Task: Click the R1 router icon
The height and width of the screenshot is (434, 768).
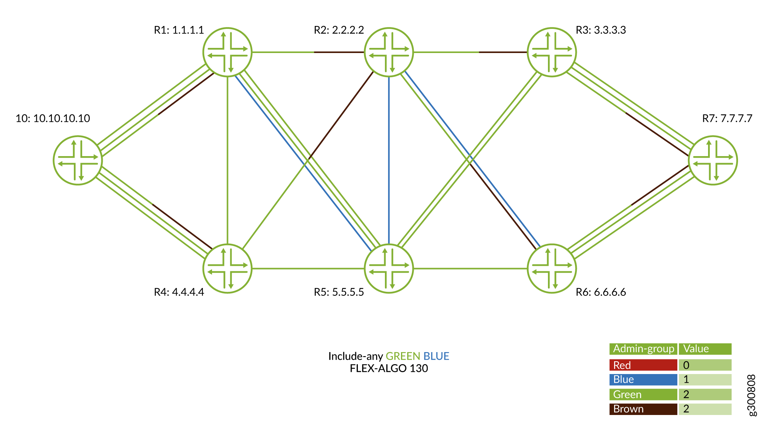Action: pyautogui.click(x=227, y=52)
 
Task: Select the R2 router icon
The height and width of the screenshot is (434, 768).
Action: pyautogui.click(x=389, y=52)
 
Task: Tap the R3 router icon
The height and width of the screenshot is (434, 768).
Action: pyautogui.click(x=552, y=52)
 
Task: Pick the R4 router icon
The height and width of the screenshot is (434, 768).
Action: pyautogui.click(x=227, y=268)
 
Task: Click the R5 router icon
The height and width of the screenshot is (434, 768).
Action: pyautogui.click(x=389, y=268)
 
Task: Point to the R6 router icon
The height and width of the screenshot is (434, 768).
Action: pyautogui.click(x=552, y=268)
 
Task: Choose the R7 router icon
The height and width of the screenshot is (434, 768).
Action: pyautogui.click(x=713, y=160)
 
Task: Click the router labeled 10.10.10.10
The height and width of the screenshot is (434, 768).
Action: pyautogui.click(x=78, y=160)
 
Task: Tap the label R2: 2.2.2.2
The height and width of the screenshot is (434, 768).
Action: pyautogui.click(x=339, y=30)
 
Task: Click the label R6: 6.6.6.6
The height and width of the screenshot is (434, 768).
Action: pyautogui.click(x=601, y=292)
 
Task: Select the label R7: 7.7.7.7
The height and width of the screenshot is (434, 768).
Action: pyautogui.click(x=727, y=118)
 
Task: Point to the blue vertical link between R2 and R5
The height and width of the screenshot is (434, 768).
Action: pyautogui.click(x=389, y=161)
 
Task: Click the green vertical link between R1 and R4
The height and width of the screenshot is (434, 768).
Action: pyautogui.click(x=227, y=161)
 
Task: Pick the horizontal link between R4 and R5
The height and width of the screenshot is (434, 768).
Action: pyautogui.click(x=308, y=269)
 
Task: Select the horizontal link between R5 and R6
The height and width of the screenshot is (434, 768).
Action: pyautogui.click(x=470, y=269)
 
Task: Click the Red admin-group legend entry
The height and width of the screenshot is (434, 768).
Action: pyautogui.click(x=643, y=365)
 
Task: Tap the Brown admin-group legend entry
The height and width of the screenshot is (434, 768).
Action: pyautogui.click(x=643, y=409)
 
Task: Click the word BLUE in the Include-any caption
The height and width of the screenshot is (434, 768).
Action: pyautogui.click(x=436, y=356)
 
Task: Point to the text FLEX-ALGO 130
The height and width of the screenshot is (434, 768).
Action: pyautogui.click(x=389, y=368)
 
